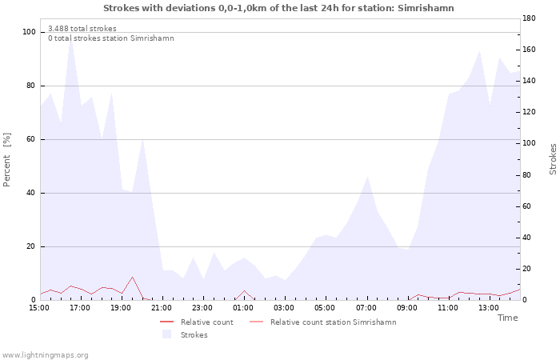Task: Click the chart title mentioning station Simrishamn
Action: [x=278, y=8]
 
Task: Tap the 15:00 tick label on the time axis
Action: [x=39, y=308]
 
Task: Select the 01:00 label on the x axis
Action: [x=243, y=308]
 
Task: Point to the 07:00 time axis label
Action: [x=366, y=308]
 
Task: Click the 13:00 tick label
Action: [x=489, y=308]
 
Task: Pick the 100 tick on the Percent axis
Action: [x=29, y=32]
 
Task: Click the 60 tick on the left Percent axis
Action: [x=31, y=139]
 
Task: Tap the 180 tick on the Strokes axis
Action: [x=529, y=18]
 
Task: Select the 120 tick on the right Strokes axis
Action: [x=529, y=112]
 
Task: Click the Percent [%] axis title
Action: [x=6, y=160]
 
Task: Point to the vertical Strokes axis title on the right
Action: [x=553, y=159]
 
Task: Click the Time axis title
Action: [x=507, y=318]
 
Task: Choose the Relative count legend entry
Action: [x=197, y=322]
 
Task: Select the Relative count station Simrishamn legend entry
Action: [x=323, y=322]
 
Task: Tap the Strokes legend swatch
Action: [x=166, y=334]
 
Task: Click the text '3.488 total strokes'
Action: [x=82, y=29]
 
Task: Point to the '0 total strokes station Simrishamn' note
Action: [x=111, y=38]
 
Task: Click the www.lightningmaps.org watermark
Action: [x=44, y=355]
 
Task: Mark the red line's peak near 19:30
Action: [x=132, y=277]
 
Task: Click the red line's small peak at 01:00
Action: [x=244, y=290]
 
